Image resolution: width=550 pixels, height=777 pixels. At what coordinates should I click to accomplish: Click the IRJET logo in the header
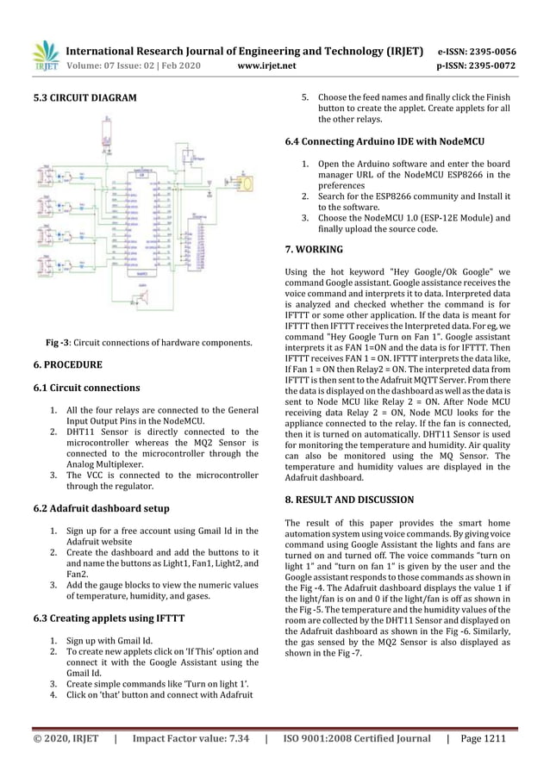[x=45, y=56]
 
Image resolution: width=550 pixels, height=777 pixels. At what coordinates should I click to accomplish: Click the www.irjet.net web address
[x=266, y=65]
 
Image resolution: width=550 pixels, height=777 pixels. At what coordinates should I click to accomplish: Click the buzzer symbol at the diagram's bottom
[x=137, y=299]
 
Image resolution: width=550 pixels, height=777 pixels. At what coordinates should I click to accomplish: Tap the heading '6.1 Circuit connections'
[x=86, y=388]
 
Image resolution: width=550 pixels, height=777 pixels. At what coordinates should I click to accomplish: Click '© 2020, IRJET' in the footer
[x=66, y=738]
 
